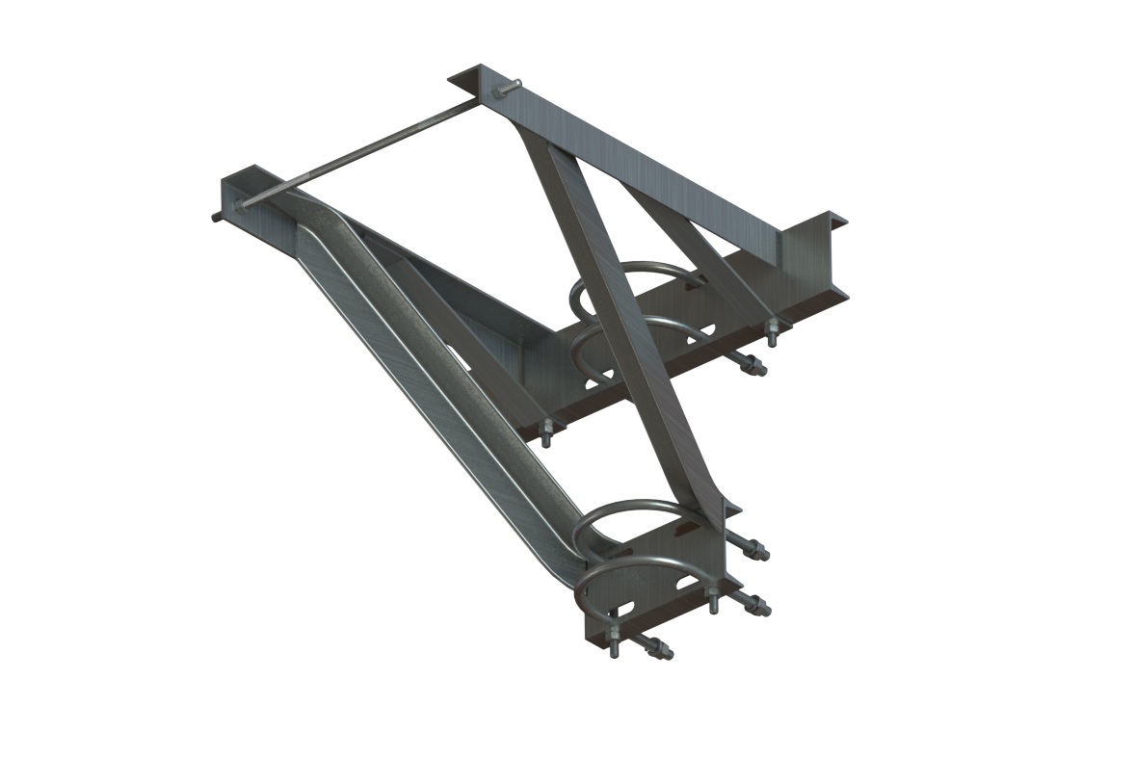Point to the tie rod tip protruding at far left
(215, 217)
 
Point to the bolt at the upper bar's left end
(545, 435)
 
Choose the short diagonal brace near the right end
(694, 241)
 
